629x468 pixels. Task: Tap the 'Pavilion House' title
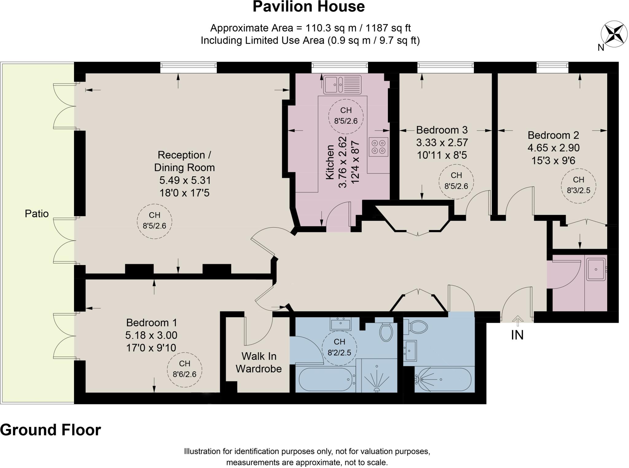pyautogui.click(x=309, y=7)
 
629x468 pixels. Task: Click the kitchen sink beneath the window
pyautogui.click(x=342, y=84)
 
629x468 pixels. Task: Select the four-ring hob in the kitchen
pyautogui.click(x=378, y=147)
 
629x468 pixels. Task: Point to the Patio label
pyautogui.click(x=37, y=213)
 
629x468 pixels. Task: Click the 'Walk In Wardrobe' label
pyautogui.click(x=259, y=362)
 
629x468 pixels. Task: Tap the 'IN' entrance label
pyautogui.click(x=517, y=335)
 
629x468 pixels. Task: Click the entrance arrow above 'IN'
pyautogui.click(x=518, y=321)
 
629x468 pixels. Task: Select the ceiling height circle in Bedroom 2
pyautogui.click(x=578, y=185)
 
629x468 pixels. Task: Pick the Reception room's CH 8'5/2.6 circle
pyautogui.click(x=154, y=221)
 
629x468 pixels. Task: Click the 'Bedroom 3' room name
pyautogui.click(x=442, y=130)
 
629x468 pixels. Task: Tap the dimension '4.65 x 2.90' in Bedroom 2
pyautogui.click(x=553, y=148)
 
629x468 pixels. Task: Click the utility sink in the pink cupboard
pyautogui.click(x=596, y=269)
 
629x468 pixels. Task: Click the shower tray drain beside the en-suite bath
pyautogui.click(x=377, y=390)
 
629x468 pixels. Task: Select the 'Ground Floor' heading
pyautogui.click(x=50, y=430)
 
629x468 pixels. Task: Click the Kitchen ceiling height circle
pyautogui.click(x=346, y=116)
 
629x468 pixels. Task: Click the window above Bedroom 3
pyautogui.click(x=445, y=67)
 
